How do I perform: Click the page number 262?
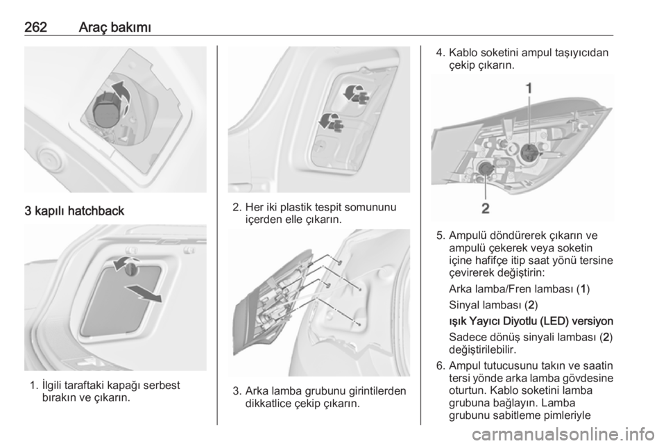35,27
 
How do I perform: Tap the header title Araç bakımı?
114,27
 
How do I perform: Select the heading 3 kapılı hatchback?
74,211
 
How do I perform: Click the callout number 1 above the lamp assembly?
529,88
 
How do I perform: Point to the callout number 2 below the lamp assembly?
486,208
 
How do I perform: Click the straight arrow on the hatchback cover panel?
143,293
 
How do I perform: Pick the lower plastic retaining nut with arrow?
331,122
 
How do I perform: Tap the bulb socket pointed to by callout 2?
485,169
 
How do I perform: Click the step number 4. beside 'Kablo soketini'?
441,53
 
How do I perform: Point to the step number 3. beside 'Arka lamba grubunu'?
237,390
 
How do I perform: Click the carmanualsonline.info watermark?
563,434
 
